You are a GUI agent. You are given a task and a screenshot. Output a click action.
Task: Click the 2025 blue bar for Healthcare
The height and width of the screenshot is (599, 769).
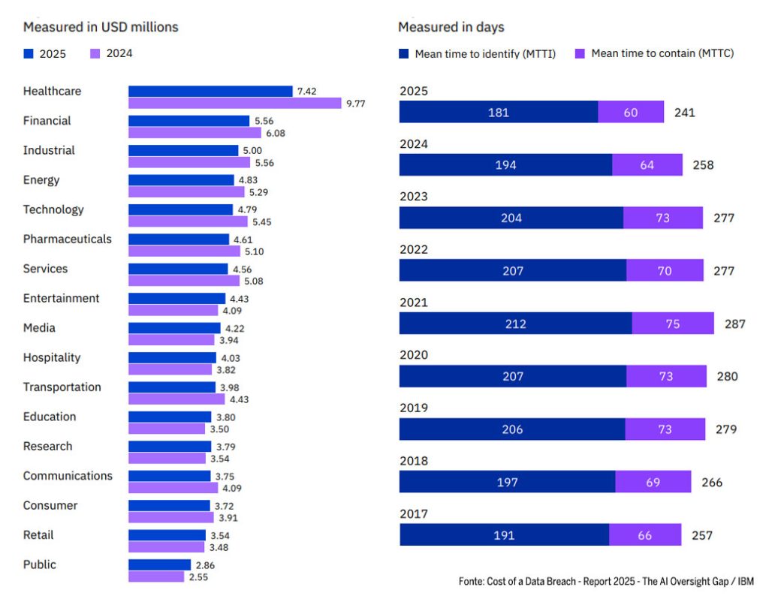(x=210, y=92)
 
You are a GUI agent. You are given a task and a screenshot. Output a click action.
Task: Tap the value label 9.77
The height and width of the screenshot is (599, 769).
(x=355, y=104)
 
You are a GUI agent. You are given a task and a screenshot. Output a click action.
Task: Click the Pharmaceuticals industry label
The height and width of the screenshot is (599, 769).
(x=67, y=239)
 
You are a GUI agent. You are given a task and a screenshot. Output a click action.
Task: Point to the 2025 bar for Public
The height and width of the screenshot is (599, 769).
(x=159, y=564)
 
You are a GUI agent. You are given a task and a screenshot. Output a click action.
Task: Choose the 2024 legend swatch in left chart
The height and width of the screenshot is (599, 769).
(x=95, y=53)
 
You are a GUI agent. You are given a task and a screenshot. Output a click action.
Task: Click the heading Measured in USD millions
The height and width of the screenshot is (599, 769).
(x=101, y=27)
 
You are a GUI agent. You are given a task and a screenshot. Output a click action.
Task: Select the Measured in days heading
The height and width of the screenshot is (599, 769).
(x=451, y=27)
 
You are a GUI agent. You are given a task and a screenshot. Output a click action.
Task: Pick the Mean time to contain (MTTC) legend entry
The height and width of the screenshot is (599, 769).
(x=662, y=53)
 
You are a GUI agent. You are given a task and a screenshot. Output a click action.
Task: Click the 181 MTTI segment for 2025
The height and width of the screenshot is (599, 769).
(x=499, y=112)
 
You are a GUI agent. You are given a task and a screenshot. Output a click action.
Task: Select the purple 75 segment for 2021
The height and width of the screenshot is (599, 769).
(x=672, y=324)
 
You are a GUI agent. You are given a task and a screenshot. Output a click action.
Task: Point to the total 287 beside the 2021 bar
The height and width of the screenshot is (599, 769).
(x=735, y=324)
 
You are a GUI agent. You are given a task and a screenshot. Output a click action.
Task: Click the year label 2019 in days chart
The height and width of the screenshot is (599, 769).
(x=413, y=408)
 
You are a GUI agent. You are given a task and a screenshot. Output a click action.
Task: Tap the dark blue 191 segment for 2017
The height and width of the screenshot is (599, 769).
(x=504, y=535)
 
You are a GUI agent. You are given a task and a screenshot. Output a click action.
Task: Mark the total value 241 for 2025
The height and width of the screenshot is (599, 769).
(x=685, y=113)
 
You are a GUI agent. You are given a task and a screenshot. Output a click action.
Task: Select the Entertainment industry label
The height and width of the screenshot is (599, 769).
(x=61, y=298)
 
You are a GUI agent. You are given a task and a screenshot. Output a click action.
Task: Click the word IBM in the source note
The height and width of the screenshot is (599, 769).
(x=745, y=581)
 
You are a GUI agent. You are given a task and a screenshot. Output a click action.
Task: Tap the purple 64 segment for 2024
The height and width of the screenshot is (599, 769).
(x=647, y=165)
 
